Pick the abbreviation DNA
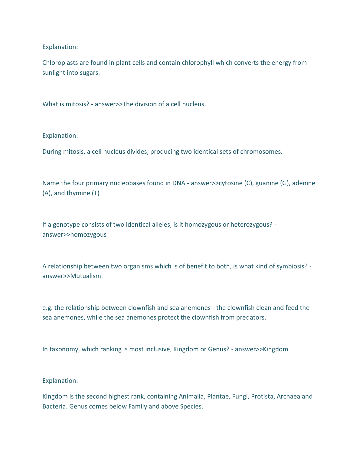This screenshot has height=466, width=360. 178,183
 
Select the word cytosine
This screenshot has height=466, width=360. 231,183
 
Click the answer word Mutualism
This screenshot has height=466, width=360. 86,276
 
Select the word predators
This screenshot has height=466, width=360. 251,317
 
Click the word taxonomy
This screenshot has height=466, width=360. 64,349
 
